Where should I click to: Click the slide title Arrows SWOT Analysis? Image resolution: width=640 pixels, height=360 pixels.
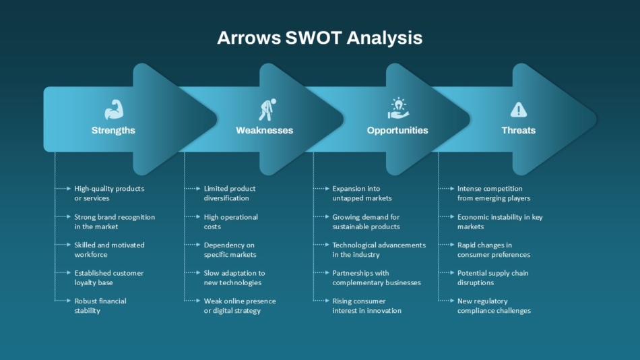pyautogui.click(x=319, y=38)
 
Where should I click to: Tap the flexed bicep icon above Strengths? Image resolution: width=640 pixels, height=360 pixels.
pyautogui.click(x=113, y=109)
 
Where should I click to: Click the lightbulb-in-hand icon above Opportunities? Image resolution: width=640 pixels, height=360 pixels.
pyautogui.click(x=397, y=108)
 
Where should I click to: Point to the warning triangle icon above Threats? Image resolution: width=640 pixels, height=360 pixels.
pyautogui.click(x=518, y=109)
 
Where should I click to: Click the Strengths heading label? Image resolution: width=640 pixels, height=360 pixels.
pyautogui.click(x=113, y=130)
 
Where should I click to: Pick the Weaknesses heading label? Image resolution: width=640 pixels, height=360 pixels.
pyautogui.click(x=264, y=130)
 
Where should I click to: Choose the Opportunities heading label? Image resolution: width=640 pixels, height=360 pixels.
pyautogui.click(x=397, y=130)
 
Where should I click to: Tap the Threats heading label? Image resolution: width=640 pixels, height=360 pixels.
pyautogui.click(x=518, y=130)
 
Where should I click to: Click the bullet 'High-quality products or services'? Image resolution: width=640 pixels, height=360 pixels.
pyautogui.click(x=109, y=193)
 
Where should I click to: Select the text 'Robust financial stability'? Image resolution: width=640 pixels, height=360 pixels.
pyautogui.click(x=100, y=306)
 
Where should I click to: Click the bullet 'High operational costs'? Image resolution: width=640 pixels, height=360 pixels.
pyautogui.click(x=230, y=222)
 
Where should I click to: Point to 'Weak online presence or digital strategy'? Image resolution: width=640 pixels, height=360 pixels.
pyautogui.click(x=240, y=306)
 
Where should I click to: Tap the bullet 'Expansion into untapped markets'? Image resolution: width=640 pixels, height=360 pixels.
pyautogui.click(x=362, y=193)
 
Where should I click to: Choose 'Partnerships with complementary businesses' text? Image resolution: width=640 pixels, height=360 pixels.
pyautogui.click(x=376, y=278)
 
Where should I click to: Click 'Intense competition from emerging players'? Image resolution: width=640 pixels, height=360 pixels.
pyautogui.click(x=493, y=193)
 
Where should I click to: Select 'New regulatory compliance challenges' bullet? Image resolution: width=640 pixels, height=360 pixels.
pyautogui.click(x=493, y=306)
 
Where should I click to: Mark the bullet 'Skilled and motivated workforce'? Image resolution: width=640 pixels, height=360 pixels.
pyautogui.click(x=109, y=249)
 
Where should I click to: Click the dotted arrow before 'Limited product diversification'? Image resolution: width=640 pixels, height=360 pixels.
pyautogui.click(x=193, y=189)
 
